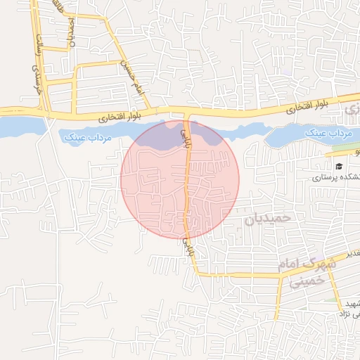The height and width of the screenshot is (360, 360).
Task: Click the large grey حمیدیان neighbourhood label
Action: tap(266, 219)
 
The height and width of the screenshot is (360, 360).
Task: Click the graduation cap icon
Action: tap(339, 167)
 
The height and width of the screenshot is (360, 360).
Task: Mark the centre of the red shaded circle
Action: tap(180, 179)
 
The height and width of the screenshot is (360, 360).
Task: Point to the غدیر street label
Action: tap(352, 252)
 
